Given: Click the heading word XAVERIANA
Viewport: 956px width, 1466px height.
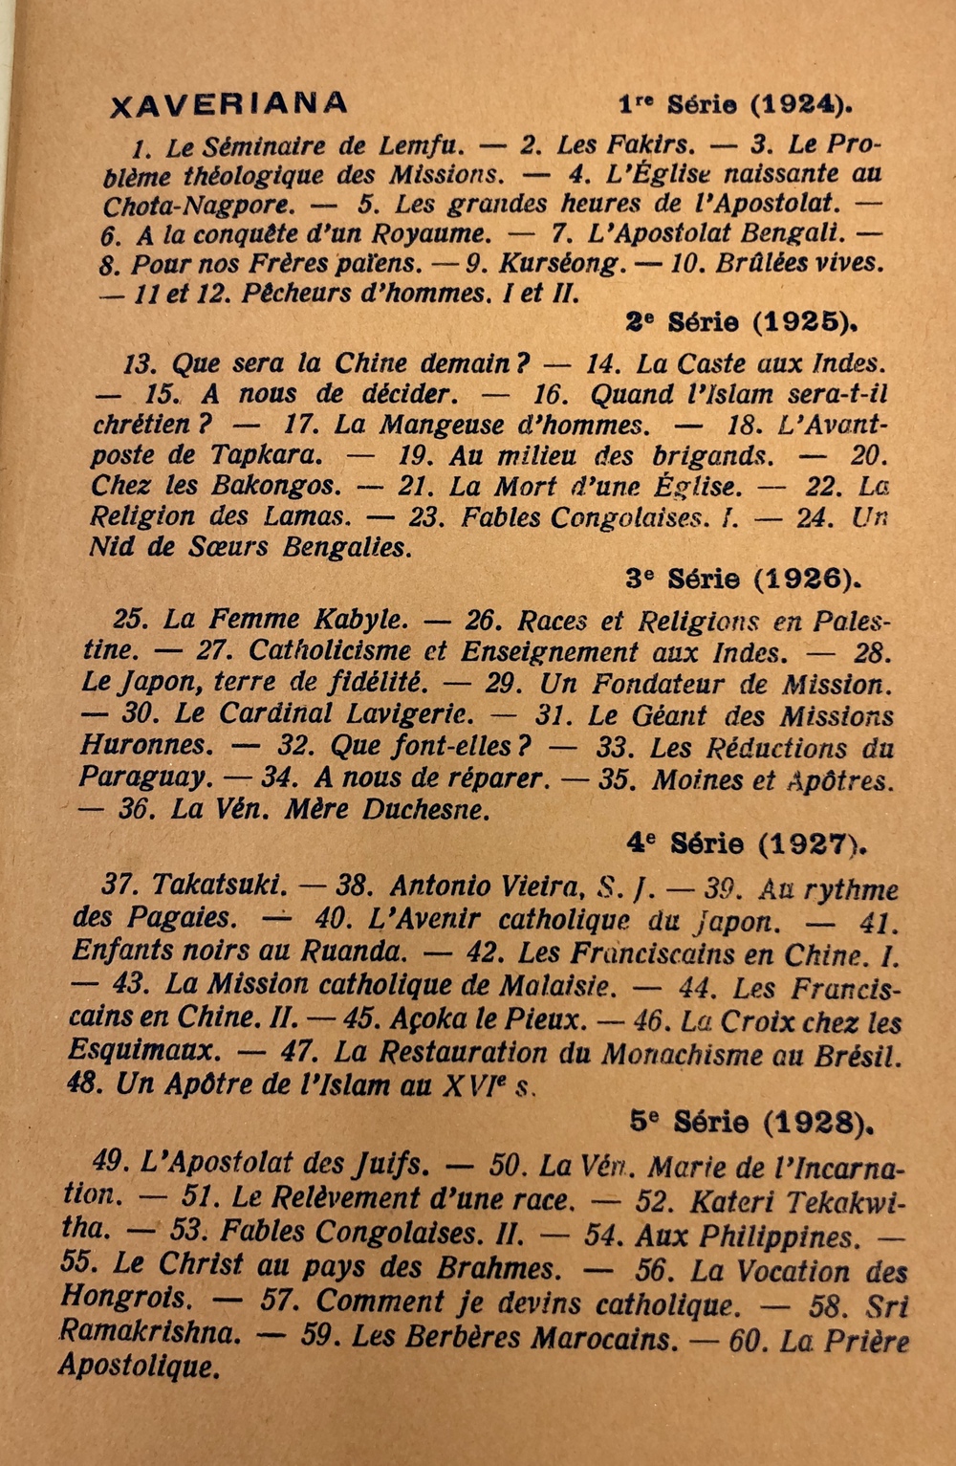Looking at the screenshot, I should [229, 102].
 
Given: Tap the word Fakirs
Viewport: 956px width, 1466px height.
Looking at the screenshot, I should [652, 144].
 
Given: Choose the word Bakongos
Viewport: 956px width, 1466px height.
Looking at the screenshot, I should [276, 486].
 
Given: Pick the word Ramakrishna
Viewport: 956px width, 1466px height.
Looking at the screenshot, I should [145, 1332].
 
